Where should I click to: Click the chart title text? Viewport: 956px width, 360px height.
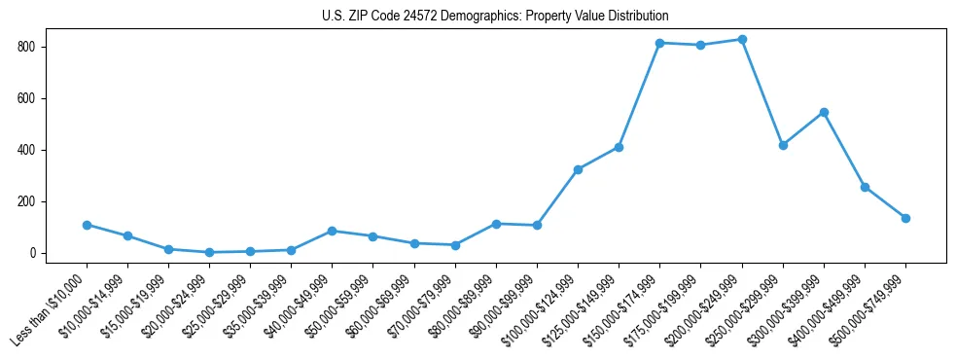495,17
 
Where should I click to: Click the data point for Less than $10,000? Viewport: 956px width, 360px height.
87,225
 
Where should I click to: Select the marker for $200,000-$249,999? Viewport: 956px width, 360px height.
742,40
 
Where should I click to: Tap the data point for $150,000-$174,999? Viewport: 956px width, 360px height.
659,43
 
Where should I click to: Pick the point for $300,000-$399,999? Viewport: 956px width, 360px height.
824,113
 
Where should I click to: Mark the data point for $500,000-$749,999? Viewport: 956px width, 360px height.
905,218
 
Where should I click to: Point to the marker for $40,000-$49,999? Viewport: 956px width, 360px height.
333,231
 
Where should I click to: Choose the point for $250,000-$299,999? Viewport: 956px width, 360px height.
783,145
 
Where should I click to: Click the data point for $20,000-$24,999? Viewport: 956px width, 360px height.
209,252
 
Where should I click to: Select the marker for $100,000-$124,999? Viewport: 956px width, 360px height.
578,169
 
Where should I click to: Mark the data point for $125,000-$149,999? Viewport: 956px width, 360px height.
619,148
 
